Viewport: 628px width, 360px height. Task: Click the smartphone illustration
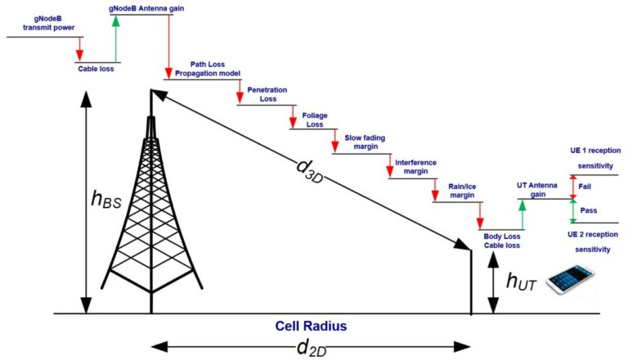[x=569, y=278]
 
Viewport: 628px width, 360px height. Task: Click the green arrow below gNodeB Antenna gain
[x=115, y=40]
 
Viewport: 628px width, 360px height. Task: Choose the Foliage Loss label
[x=315, y=119]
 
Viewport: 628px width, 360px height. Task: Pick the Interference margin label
[x=415, y=167]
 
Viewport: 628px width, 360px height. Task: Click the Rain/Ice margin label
[x=461, y=191]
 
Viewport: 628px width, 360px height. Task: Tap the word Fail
[x=585, y=187]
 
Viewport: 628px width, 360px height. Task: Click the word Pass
[x=588, y=210]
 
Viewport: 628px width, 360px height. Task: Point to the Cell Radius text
[x=312, y=326]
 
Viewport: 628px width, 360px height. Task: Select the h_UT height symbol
[x=520, y=282]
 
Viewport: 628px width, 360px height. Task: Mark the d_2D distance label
[x=310, y=348]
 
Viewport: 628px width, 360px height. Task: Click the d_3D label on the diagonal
[x=310, y=171]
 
